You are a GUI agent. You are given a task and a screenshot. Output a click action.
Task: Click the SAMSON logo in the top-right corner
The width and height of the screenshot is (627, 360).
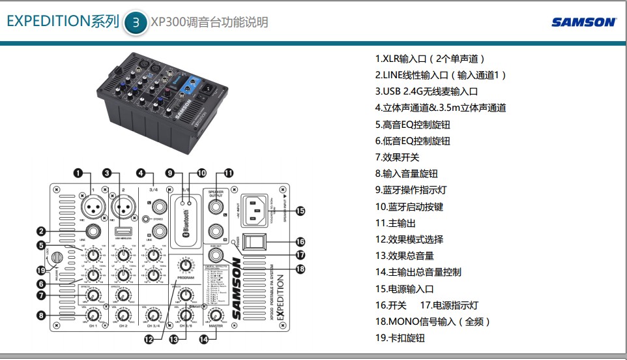tap(583, 22)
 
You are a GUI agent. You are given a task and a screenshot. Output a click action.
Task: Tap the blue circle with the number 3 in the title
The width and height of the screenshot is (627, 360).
tap(136, 22)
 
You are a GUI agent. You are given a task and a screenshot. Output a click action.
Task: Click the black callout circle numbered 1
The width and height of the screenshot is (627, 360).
tap(78, 173)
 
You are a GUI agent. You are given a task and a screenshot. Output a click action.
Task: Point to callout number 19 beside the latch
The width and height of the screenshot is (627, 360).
tap(42, 270)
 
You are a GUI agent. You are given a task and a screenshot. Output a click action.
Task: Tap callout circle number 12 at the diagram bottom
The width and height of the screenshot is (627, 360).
tap(149, 338)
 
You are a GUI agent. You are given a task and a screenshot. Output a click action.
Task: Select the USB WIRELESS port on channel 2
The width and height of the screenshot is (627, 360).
tap(126, 232)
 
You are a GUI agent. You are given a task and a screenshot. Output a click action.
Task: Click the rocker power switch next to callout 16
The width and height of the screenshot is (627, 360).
tap(254, 241)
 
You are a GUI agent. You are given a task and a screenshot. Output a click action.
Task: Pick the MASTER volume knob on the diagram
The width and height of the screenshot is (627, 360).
tap(214, 316)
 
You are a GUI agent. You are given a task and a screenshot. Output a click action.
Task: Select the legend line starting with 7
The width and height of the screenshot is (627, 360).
tap(397, 157)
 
